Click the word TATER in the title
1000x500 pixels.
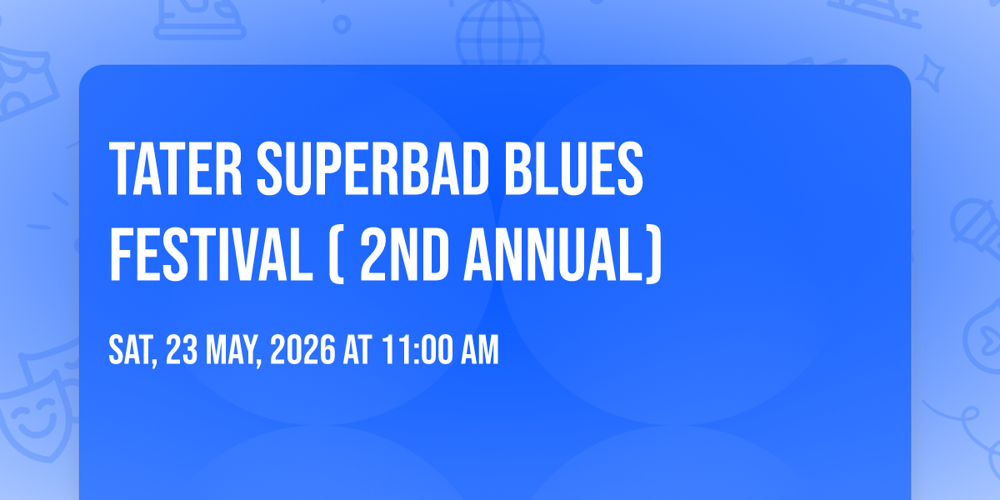click(176, 168)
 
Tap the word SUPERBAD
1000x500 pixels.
click(372, 168)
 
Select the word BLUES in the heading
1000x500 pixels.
click(573, 168)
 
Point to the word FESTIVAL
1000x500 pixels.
click(211, 254)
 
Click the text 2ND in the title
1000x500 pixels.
click(404, 254)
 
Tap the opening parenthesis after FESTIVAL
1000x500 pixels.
click(337, 255)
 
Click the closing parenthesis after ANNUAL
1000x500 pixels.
click(653, 255)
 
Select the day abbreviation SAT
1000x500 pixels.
click(132, 352)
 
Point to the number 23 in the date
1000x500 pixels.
click(182, 350)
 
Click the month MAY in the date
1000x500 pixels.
click(233, 352)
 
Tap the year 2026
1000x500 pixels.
click(302, 350)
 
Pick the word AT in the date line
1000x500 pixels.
click(357, 350)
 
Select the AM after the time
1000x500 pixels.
click(480, 350)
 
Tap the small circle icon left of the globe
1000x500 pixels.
click(342, 24)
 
